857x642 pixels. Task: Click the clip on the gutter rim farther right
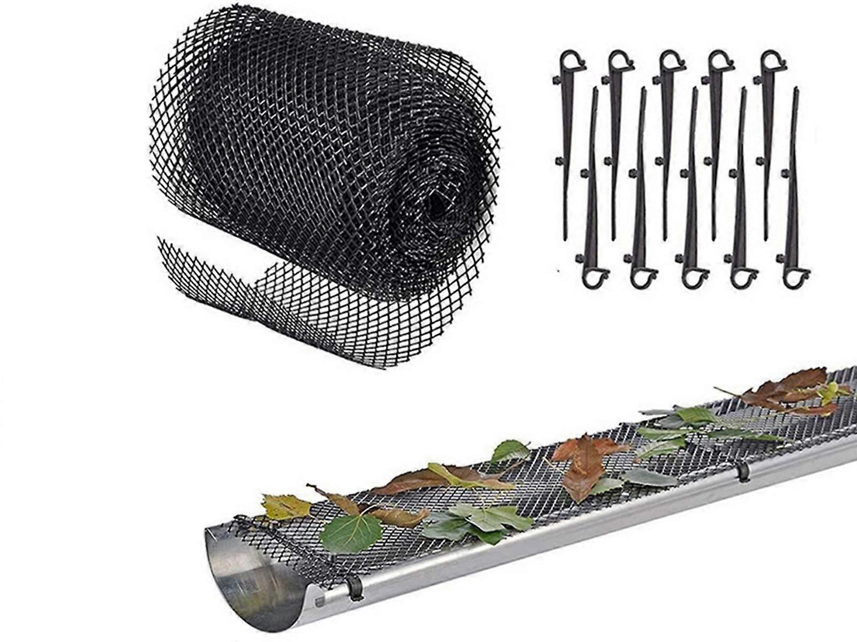pyautogui.click(x=745, y=471)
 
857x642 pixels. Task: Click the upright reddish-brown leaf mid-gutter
pyautogui.click(x=584, y=465)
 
